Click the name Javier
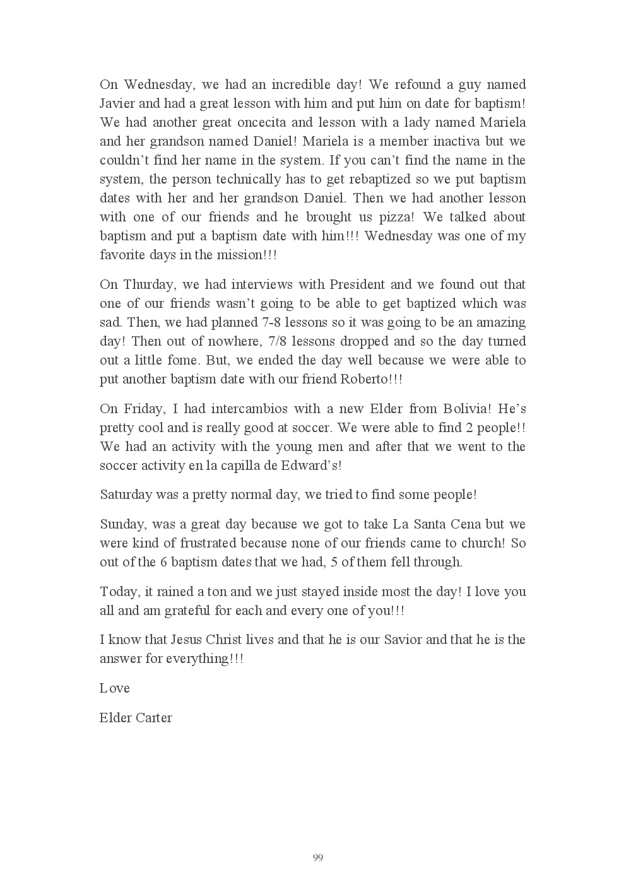point(117,103)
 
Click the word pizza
point(396,217)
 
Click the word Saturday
point(126,495)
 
